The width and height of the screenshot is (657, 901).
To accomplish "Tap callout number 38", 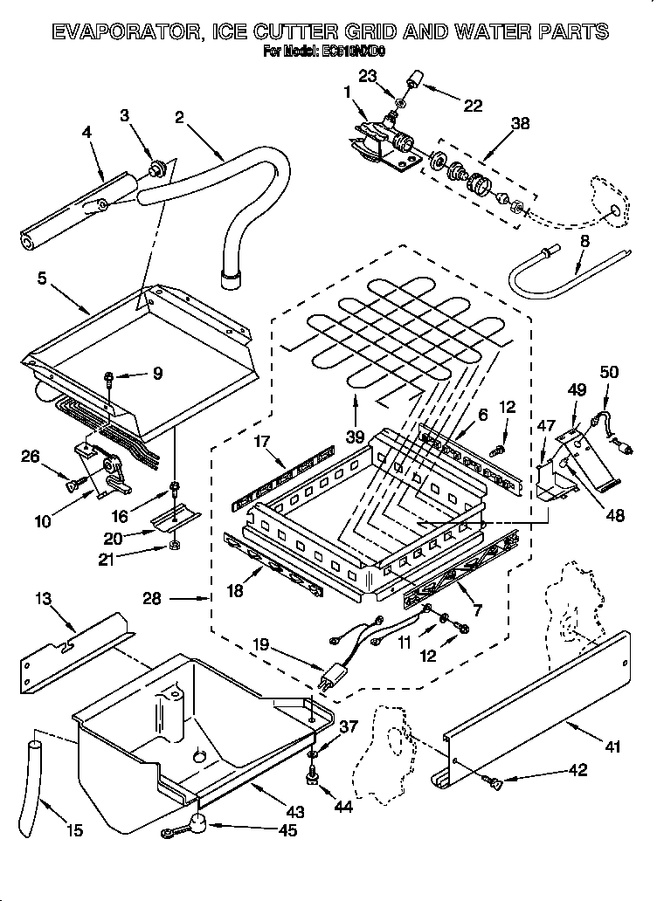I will pyautogui.click(x=519, y=124).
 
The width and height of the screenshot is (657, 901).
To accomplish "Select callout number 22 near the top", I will pyautogui.click(x=473, y=106).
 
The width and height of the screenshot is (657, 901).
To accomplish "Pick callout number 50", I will pyautogui.click(x=609, y=373).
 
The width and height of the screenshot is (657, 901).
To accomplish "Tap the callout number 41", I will pyautogui.click(x=612, y=746).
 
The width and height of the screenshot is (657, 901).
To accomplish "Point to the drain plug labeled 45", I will pyautogui.click(x=198, y=822).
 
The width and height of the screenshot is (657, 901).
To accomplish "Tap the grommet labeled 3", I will pyautogui.click(x=157, y=167).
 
